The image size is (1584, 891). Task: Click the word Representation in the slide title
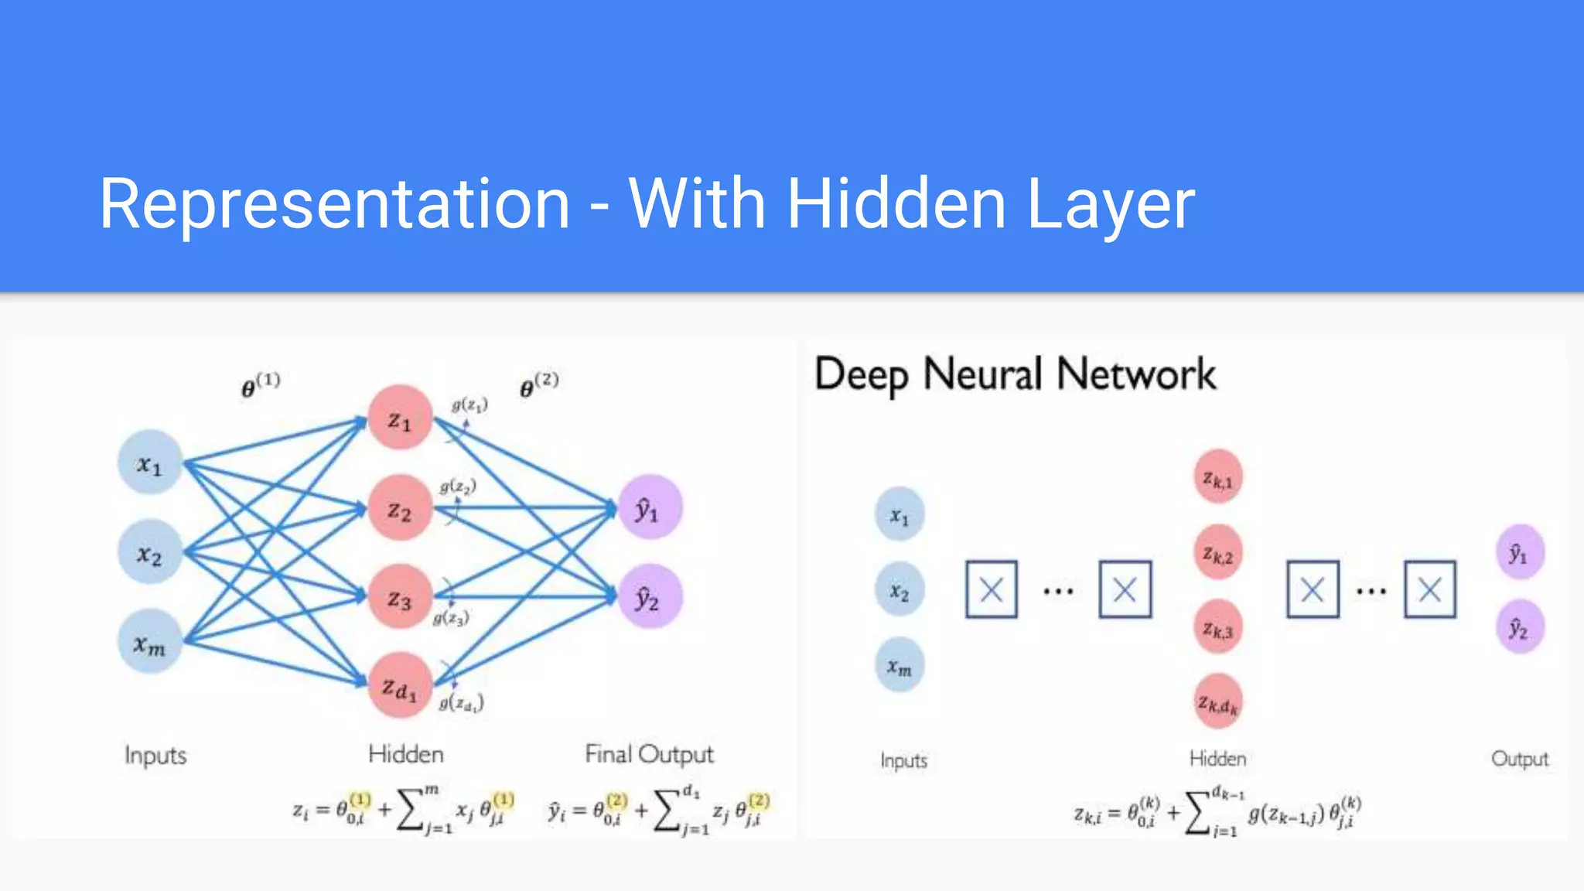click(334, 204)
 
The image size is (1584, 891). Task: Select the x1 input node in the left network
click(150, 463)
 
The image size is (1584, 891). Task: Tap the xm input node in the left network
click(150, 642)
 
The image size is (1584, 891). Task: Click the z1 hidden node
click(400, 418)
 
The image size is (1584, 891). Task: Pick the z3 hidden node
click(400, 597)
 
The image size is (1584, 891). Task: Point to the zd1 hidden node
click(400, 686)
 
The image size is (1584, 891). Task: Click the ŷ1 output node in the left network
click(650, 507)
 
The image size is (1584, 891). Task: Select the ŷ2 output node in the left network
click(650, 597)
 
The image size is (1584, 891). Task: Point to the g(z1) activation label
click(469, 405)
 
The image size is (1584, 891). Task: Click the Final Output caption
click(649, 753)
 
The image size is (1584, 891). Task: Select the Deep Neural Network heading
click(1015, 375)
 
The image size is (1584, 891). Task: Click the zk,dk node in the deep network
click(1218, 702)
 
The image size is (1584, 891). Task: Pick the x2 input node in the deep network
click(900, 590)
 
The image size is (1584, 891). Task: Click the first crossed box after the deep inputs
click(991, 590)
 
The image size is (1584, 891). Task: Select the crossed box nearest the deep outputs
click(1430, 590)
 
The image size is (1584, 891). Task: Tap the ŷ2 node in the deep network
click(1520, 627)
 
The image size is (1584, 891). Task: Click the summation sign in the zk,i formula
click(1198, 812)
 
